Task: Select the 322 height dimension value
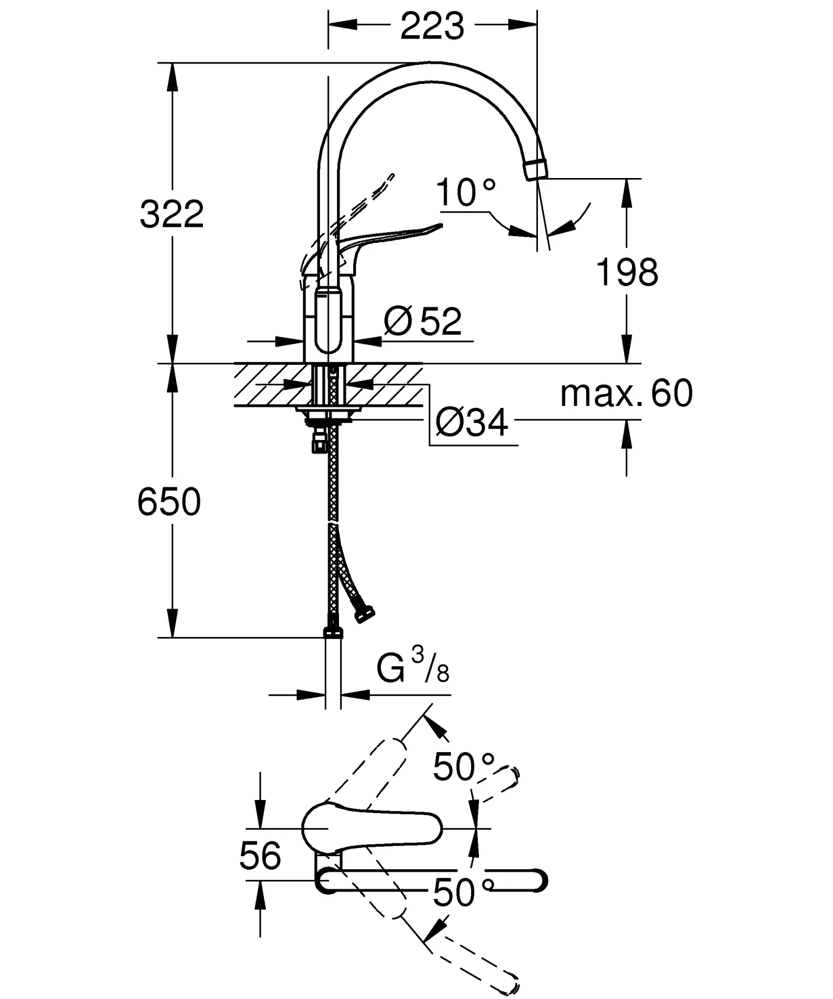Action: click(x=172, y=214)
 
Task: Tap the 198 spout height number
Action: click(x=627, y=273)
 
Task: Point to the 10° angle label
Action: click(x=466, y=193)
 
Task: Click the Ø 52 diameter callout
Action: click(x=422, y=321)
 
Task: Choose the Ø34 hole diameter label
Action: click(x=472, y=422)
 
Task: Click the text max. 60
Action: click(x=626, y=393)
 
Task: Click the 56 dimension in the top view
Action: click(x=260, y=856)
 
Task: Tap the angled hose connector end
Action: click(x=365, y=615)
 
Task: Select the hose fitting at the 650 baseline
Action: click(x=333, y=633)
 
